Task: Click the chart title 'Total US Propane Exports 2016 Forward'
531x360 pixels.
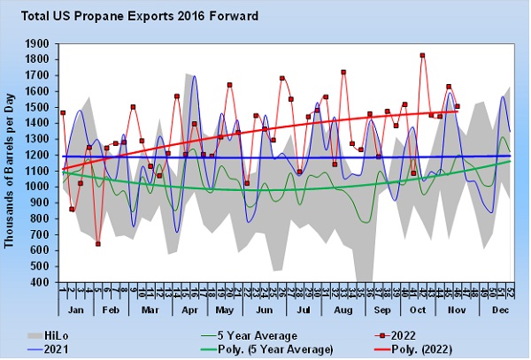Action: (142, 15)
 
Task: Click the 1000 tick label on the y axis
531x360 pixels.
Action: (41, 187)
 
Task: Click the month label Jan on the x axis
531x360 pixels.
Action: (76, 311)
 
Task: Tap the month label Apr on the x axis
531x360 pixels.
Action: (188, 311)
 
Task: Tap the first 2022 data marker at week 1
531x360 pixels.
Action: (63, 112)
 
